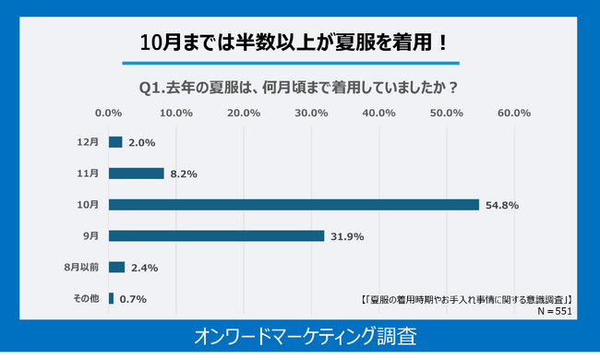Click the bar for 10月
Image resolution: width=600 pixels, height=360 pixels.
point(294,204)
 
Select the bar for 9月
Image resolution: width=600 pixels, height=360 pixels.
point(216,235)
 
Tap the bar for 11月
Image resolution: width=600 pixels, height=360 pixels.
point(136,173)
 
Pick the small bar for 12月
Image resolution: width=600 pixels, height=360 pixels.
point(115,142)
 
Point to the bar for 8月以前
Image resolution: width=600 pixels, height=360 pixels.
point(116,267)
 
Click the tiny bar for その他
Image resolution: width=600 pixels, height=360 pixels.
point(111,298)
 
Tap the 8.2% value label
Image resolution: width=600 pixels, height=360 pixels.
point(183,174)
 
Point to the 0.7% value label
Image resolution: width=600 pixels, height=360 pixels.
point(132,299)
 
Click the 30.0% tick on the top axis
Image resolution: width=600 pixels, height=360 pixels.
point(311,114)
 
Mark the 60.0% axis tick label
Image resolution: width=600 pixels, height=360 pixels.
point(513,114)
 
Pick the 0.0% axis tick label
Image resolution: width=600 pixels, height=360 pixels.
point(109,114)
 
